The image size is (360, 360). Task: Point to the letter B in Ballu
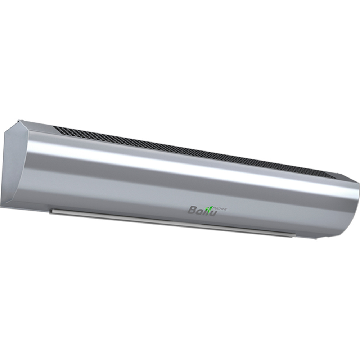coord(191,209)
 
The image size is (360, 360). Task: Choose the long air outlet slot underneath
coord(173,220)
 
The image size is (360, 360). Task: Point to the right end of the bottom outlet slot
coord(295,236)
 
